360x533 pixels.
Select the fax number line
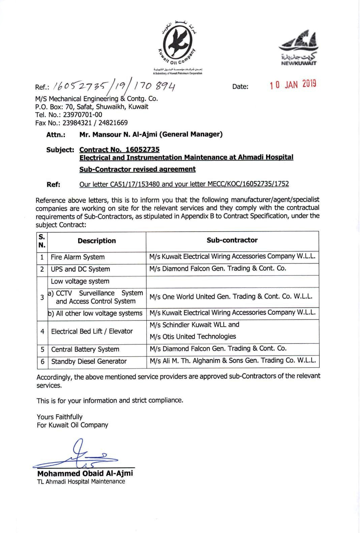81,123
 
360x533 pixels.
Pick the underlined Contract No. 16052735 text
119,149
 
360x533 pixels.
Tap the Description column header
97,241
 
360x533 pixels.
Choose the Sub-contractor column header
232,240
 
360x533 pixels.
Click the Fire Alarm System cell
78,257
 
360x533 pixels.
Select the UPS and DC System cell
80,269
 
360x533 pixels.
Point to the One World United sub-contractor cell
231,297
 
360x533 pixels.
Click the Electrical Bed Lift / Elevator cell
92,332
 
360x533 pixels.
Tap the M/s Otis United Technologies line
193,337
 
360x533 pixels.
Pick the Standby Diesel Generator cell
89,362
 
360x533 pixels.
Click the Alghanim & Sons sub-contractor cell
233,361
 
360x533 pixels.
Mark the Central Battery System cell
85,349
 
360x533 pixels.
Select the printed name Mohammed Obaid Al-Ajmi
85,473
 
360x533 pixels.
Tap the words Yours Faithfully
60,417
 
